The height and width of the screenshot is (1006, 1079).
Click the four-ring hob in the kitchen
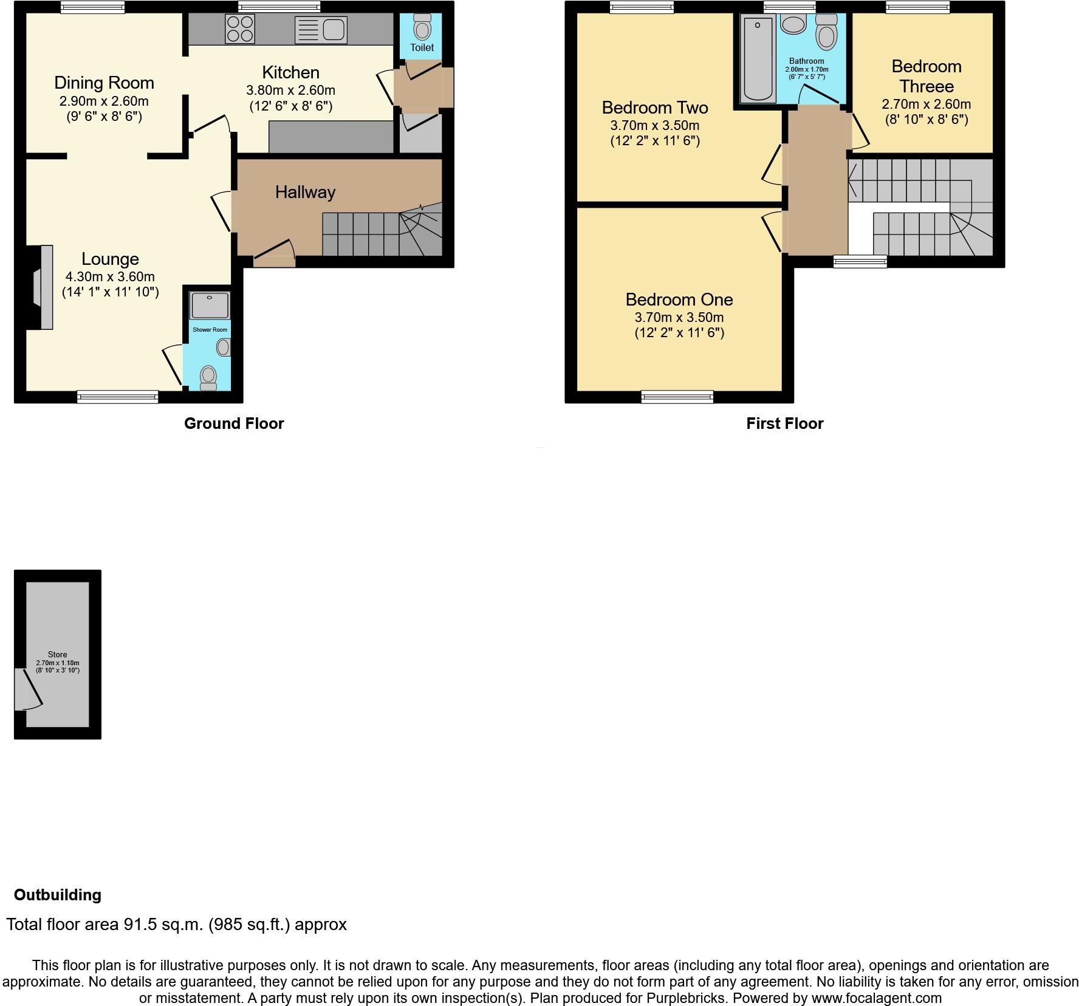240,29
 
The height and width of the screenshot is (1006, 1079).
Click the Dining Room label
104,83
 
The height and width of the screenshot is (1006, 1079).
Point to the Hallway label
305,192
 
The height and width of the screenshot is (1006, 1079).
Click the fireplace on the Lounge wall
41,287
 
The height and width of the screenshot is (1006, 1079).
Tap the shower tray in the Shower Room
210,305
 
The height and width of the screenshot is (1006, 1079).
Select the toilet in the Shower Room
208,377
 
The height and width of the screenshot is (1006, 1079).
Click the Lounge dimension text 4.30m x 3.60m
110,276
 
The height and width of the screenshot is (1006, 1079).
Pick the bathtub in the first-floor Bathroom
758,59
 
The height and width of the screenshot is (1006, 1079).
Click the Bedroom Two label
655,108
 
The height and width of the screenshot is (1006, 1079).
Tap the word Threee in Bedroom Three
927,86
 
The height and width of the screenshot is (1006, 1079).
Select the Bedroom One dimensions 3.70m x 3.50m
679,317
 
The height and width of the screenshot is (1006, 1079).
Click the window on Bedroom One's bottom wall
677,397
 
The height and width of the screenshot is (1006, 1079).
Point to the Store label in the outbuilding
58,654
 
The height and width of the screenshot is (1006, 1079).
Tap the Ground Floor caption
234,423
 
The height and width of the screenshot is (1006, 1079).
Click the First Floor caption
784,423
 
